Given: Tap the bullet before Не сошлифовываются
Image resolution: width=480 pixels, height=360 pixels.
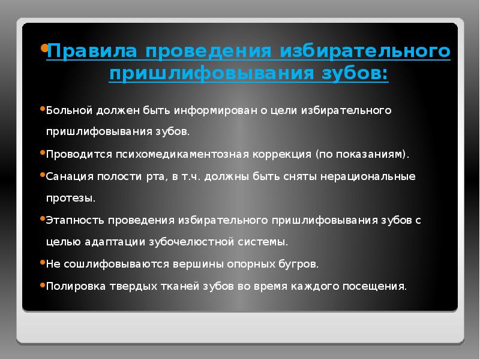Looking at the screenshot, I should point(42,262).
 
